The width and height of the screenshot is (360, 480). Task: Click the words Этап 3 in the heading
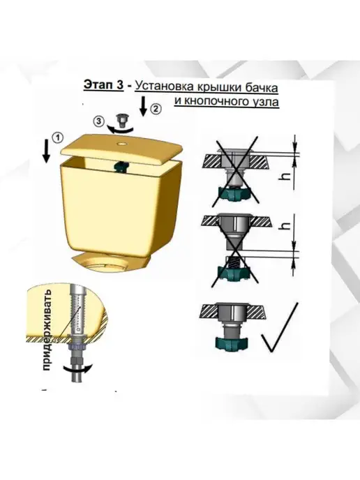coord(103,85)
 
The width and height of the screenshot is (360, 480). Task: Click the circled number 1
coord(57,137)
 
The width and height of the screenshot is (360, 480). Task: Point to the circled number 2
coord(156,109)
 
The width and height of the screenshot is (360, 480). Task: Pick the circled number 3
coord(98,121)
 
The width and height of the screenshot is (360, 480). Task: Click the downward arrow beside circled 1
coord(46,151)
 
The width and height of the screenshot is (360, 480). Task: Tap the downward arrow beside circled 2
coord(143,107)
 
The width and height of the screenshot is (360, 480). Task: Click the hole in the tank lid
coord(123,143)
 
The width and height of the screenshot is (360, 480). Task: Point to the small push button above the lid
coord(121,120)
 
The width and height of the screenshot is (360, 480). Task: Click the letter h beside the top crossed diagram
coord(285,177)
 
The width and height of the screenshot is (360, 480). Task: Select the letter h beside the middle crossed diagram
coord(285,225)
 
